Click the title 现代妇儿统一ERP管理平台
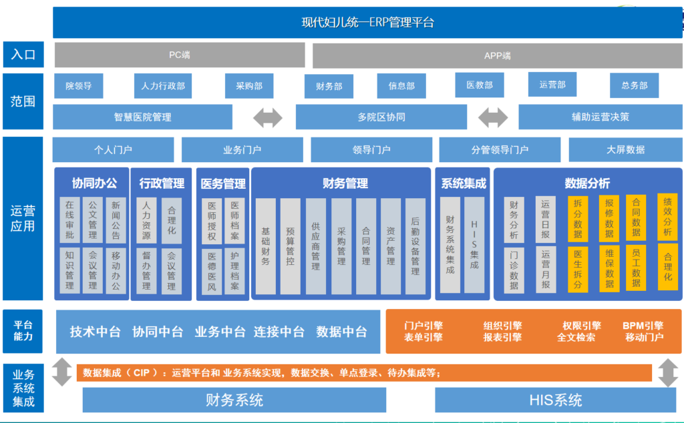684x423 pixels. (x=367, y=23)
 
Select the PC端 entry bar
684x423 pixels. (x=180, y=55)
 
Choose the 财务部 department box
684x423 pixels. (x=329, y=86)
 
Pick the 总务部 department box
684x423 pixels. (x=634, y=85)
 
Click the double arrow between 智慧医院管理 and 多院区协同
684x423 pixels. (x=268, y=117)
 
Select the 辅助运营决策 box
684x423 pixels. (x=600, y=117)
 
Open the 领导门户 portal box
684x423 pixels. (x=371, y=150)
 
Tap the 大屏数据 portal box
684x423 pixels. (x=625, y=150)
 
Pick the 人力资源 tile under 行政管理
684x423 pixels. (x=146, y=220)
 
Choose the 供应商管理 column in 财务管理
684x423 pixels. (x=315, y=246)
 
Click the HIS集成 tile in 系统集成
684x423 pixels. (x=474, y=245)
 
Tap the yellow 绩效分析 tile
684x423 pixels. (x=667, y=217)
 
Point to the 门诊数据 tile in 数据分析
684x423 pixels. (x=514, y=270)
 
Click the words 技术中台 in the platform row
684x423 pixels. (x=96, y=332)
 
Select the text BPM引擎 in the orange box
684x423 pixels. (x=643, y=326)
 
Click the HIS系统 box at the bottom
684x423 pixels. (x=556, y=400)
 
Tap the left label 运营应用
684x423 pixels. (x=23, y=218)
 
